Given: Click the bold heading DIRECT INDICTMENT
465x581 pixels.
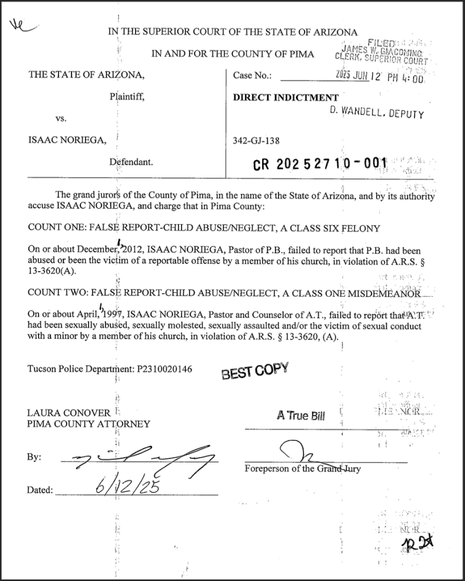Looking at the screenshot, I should point(278,97).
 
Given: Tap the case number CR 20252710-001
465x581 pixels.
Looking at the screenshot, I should point(319,164).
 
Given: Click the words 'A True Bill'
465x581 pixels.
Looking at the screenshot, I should point(301,416).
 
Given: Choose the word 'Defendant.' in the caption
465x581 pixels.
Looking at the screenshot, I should point(130,162).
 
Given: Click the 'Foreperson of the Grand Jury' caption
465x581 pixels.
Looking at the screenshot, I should point(303,469).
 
